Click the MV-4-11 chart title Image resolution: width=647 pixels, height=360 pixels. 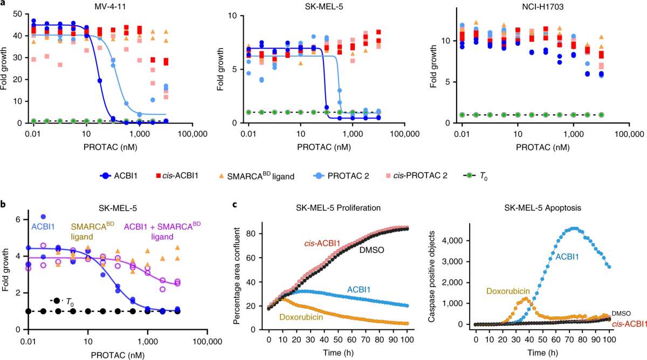[x=111, y=6]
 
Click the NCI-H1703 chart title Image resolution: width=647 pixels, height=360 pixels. [x=543, y=6]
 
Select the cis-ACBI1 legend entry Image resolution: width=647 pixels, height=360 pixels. [x=177, y=176]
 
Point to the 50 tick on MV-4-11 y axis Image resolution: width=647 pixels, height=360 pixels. [x=17, y=14]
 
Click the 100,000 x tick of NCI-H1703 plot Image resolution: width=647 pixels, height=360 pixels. [x=629, y=134]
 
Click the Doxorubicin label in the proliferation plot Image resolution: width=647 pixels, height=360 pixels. [x=301, y=317]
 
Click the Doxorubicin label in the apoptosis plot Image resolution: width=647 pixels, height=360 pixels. [x=508, y=290]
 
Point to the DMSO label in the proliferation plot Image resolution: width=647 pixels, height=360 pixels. [x=371, y=250]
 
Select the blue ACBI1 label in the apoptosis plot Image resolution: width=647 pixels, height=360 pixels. [x=567, y=257]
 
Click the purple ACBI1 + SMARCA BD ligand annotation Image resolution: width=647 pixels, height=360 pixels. [x=162, y=231]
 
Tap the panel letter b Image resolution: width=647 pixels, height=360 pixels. [x=3, y=204]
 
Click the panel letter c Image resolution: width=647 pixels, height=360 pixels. [x=235, y=205]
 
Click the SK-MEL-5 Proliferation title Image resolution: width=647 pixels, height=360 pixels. [x=338, y=208]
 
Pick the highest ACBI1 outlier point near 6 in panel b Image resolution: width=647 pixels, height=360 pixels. [x=43, y=217]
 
